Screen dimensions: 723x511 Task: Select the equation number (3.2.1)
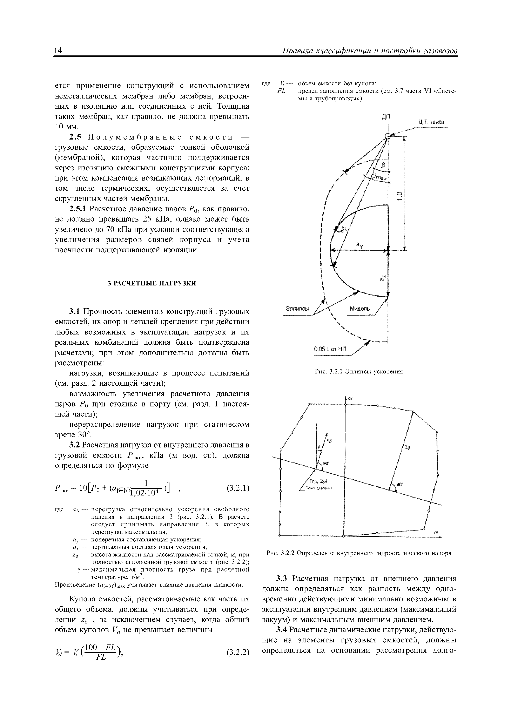(x=238, y=488)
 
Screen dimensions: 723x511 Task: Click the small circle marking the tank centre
(x=388, y=136)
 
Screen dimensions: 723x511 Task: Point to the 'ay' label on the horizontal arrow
(x=359, y=246)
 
